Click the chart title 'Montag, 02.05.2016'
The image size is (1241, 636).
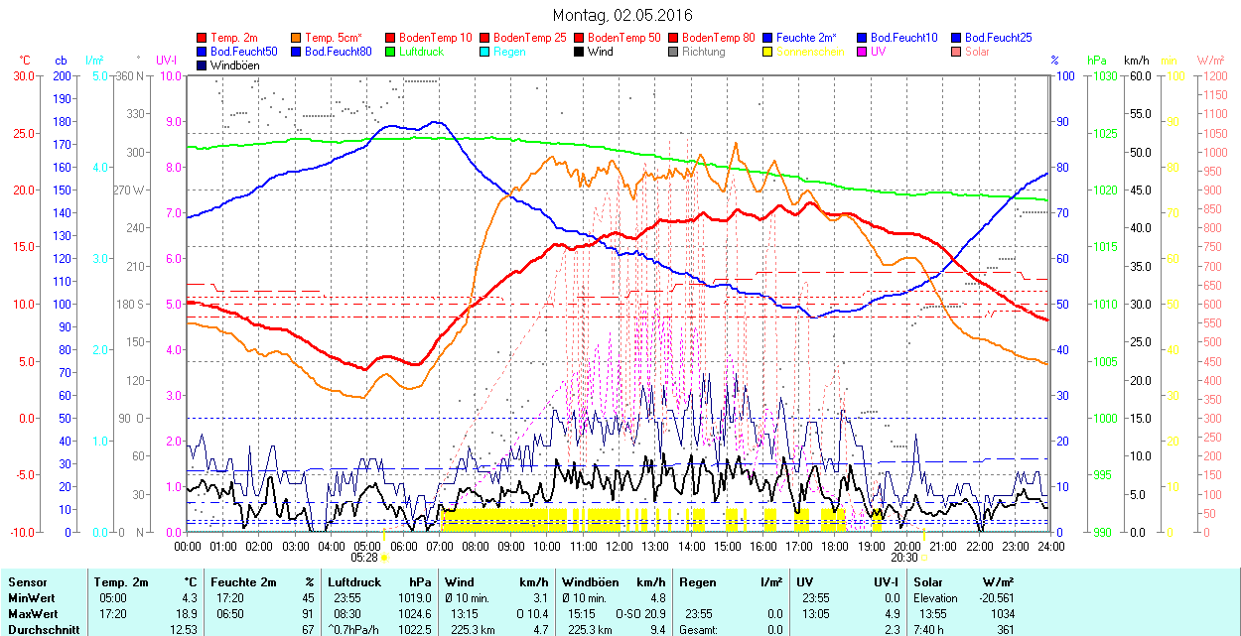click(x=622, y=15)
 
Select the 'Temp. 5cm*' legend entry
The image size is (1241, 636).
click(x=334, y=37)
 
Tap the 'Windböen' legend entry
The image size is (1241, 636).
click(x=233, y=65)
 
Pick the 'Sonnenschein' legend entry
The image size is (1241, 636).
click(x=810, y=52)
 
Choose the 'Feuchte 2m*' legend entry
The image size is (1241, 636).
click(x=806, y=37)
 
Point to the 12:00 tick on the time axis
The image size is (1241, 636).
click(x=620, y=547)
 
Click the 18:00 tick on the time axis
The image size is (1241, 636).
click(x=835, y=547)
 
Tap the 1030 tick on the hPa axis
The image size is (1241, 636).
click(x=1101, y=75)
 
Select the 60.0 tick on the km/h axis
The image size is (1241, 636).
click(x=1137, y=75)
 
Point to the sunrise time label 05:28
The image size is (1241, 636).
click(x=364, y=558)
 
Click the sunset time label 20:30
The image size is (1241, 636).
click(x=904, y=558)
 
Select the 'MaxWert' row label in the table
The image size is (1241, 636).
click(x=32, y=612)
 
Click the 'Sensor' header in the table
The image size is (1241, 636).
click(x=27, y=582)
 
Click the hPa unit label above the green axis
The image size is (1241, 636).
click(x=1097, y=60)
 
